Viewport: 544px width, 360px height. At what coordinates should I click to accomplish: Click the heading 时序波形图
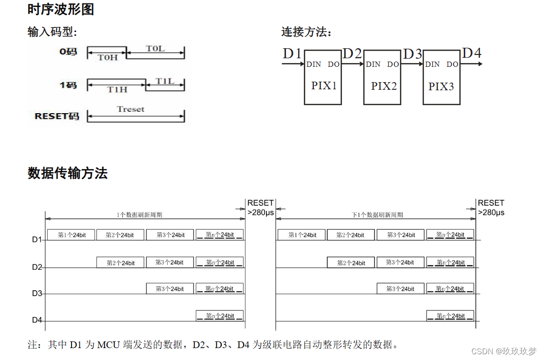61,9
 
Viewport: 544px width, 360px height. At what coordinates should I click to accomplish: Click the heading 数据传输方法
67,173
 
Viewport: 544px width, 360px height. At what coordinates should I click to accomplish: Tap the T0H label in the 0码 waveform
107,57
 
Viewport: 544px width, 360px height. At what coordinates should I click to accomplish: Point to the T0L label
155,48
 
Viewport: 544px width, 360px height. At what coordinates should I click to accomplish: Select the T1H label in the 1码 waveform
117,89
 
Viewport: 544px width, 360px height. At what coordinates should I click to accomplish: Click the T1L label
165,81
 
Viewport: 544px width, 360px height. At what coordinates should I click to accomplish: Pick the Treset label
130,109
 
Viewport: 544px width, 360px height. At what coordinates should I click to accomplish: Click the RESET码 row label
57,116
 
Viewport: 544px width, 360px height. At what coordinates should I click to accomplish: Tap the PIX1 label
324,86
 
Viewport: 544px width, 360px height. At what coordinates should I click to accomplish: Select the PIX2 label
384,86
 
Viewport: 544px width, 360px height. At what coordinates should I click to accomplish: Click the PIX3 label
441,86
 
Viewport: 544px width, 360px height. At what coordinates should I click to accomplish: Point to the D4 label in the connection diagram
471,53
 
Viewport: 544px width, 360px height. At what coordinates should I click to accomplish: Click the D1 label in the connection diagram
292,53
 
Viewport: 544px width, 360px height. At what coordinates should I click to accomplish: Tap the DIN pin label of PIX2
373,64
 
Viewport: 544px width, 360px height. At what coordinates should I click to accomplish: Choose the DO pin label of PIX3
452,64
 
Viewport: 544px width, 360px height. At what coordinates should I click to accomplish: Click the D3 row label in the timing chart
37,293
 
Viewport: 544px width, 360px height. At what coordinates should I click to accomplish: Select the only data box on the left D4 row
219,316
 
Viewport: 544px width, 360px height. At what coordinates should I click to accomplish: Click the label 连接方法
306,32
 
